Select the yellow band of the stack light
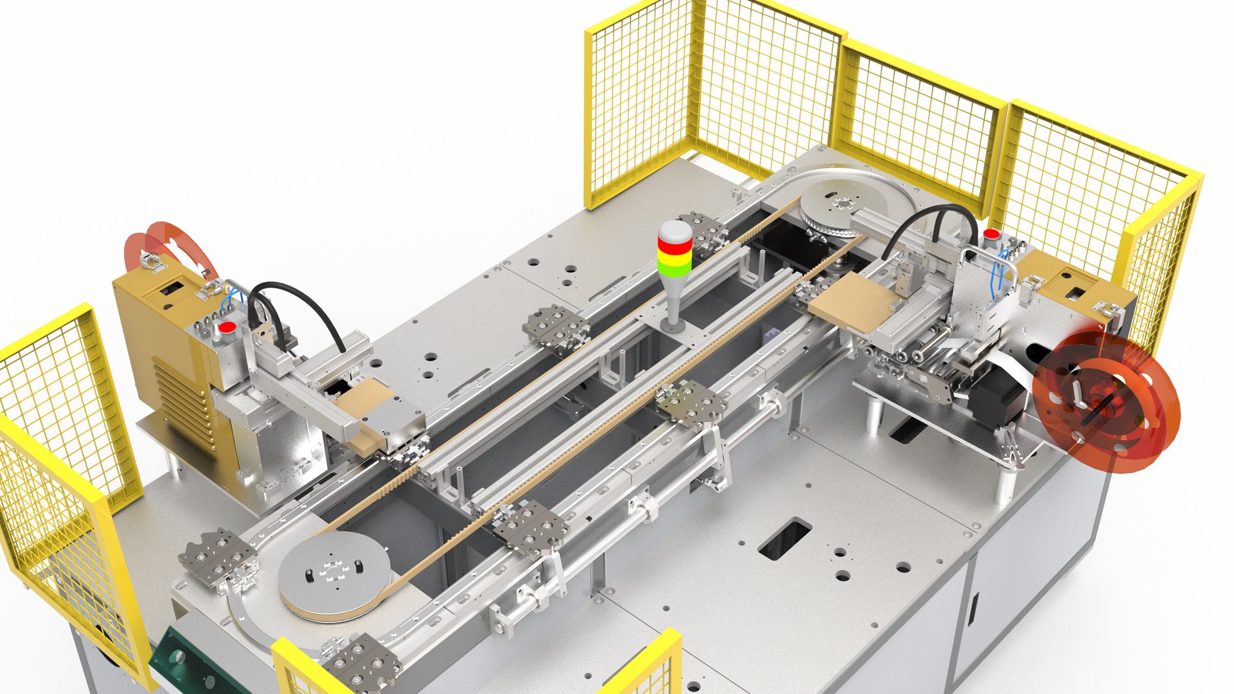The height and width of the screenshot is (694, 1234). point(674,258)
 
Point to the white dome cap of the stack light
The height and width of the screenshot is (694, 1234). point(675,230)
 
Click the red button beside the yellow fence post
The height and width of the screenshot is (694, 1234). point(992,233)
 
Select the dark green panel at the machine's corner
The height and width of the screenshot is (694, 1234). point(193,662)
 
